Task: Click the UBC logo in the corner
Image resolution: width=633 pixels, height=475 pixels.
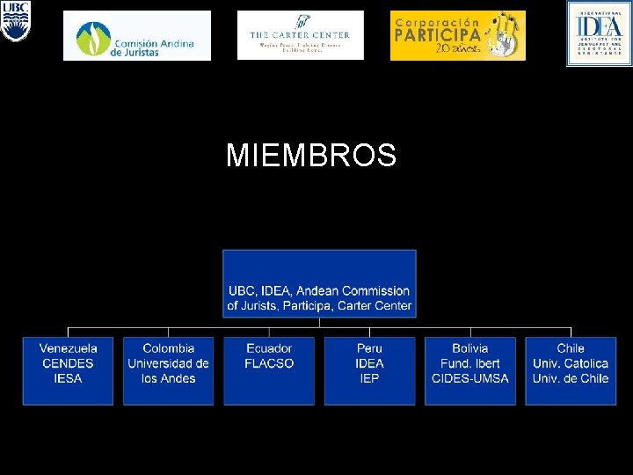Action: [15, 21]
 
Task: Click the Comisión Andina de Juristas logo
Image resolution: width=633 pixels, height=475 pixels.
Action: [137, 35]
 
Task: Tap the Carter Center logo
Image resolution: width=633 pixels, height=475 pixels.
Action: [300, 35]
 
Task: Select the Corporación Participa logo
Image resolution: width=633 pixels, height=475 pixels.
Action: [457, 35]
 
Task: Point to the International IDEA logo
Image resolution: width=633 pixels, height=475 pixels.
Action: [599, 33]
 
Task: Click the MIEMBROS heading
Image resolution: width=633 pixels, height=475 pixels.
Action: [311, 157]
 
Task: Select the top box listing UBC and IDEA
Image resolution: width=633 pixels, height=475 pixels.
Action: [319, 283]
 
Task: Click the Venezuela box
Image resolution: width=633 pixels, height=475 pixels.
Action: [68, 370]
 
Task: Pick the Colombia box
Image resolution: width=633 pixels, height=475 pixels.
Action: [168, 370]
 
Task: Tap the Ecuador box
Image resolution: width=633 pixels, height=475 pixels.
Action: [269, 370]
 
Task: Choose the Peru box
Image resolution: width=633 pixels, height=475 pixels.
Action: [369, 370]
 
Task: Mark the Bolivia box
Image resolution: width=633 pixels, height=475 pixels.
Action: [469, 370]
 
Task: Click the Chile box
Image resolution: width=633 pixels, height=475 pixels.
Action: [571, 370]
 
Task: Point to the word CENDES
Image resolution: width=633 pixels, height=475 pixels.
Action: [68, 363]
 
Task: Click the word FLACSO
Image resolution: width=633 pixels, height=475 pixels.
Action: [269, 363]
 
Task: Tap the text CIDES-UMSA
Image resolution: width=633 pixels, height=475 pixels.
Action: [469, 378]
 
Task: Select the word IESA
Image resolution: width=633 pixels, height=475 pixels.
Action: [68, 378]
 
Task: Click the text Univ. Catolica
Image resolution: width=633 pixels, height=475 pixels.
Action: [571, 363]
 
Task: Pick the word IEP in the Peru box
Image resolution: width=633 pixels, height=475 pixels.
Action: [369, 378]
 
